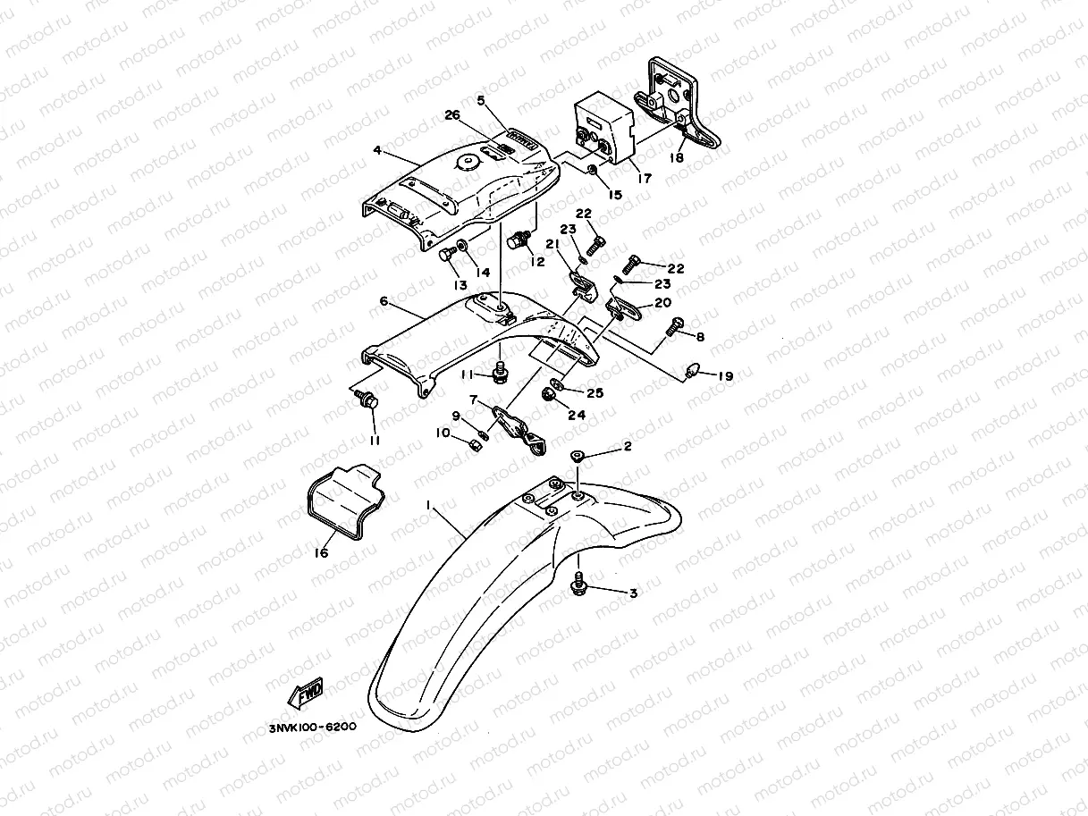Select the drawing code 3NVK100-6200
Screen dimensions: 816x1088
tap(313, 727)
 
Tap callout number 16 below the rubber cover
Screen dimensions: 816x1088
tap(320, 553)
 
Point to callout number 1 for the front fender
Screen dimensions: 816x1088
tap(429, 505)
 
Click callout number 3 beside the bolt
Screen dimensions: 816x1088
tap(633, 593)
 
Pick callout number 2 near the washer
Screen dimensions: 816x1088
tap(628, 446)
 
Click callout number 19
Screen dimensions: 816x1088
tap(725, 376)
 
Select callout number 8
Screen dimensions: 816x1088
tap(699, 337)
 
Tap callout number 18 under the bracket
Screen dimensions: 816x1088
tap(677, 157)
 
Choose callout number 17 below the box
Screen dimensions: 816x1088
tap(644, 178)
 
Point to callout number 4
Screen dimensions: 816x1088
tap(377, 150)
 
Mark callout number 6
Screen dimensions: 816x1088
tap(384, 301)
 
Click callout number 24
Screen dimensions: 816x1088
tap(577, 415)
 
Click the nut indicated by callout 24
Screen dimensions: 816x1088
tap(547, 394)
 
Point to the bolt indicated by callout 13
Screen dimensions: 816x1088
tap(447, 257)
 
